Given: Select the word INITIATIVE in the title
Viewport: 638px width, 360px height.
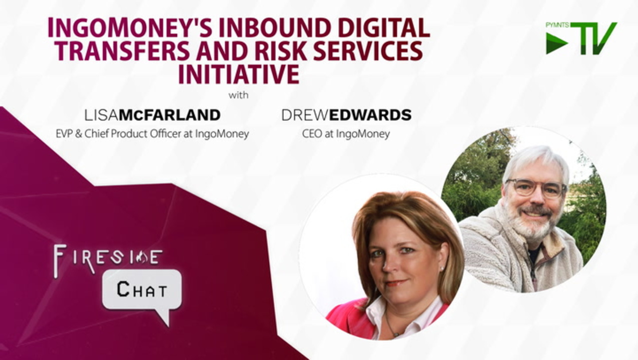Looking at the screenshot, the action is [239, 74].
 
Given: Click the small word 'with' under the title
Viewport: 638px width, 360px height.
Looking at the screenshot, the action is [238, 95].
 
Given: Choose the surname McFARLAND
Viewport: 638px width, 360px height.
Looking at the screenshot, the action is [170, 115].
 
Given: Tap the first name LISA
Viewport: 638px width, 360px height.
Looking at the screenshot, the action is [101, 115].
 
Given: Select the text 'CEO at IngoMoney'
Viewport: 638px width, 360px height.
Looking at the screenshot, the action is [346, 133].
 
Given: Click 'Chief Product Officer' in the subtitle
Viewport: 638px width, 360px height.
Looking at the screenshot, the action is [133, 133].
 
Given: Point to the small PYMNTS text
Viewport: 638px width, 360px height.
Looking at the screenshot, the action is [558, 25].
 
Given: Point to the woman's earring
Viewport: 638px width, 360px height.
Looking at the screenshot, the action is [442, 268].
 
